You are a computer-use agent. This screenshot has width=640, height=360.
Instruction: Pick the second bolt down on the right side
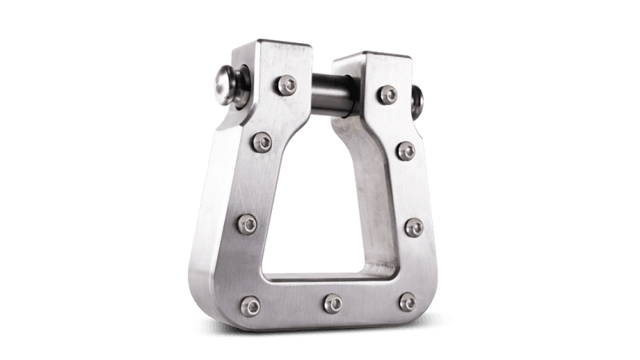click(404, 151)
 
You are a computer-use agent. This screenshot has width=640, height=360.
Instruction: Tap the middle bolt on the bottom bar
click(330, 303)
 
